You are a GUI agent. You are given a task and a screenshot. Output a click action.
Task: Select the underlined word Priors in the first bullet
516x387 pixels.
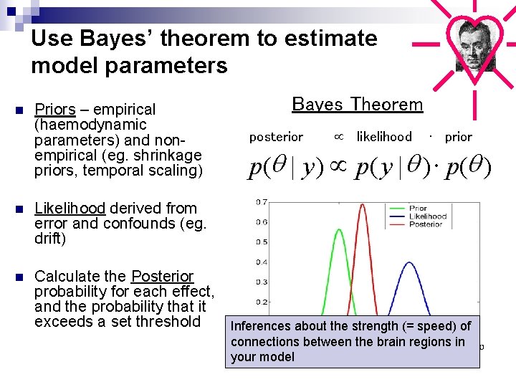[55, 110]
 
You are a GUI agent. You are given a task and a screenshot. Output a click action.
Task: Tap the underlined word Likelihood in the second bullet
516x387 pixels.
[70, 209]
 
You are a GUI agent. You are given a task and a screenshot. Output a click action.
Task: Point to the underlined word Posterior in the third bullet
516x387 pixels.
[163, 277]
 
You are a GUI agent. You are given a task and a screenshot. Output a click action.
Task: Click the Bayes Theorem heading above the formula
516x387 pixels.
[358, 105]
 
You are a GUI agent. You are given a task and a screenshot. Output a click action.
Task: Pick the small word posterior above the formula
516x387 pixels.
[276, 137]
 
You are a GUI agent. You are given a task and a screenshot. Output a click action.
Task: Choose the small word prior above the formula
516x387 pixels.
[459, 137]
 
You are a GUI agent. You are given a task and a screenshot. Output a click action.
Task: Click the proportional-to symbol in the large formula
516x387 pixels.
[337, 168]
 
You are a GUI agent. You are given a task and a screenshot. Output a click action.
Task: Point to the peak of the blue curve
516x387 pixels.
[408, 263]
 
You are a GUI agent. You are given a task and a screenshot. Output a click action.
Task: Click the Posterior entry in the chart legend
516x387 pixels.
[426, 224]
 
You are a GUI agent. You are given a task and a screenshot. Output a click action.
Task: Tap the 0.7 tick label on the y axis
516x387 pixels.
[262, 202]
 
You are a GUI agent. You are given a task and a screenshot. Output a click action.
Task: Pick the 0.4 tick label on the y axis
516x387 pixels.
[262, 262]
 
